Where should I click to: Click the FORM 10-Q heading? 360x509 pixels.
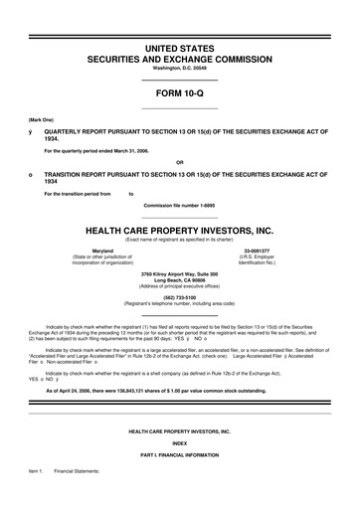click(179, 94)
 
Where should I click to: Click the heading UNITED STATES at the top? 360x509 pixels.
click(179, 48)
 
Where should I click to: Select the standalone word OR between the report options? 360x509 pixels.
click(179, 162)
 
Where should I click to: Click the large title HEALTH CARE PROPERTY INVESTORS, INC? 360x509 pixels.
click(179, 228)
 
